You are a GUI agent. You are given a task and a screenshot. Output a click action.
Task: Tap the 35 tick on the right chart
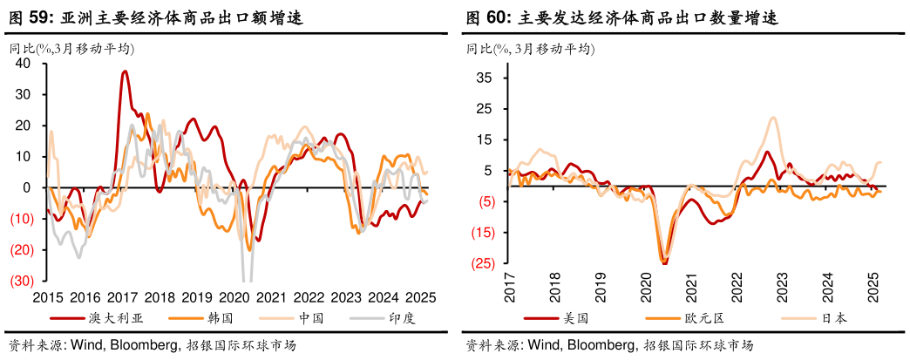point(486,78)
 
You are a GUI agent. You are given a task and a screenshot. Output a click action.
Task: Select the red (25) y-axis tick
point(483,263)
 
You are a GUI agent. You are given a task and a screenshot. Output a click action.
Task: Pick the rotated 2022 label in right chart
point(736,287)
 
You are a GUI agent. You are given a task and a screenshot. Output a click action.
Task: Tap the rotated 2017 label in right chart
point(509,287)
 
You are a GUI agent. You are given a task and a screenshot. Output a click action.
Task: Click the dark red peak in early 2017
point(125,71)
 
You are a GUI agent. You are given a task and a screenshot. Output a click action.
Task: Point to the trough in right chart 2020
point(664,259)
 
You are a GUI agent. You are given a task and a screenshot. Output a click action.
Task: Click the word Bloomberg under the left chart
point(147,345)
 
